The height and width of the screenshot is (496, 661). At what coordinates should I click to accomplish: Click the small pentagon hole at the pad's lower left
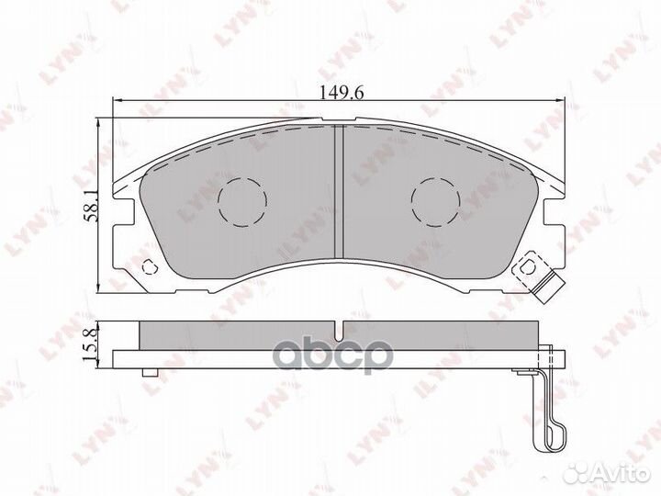pos(151,268)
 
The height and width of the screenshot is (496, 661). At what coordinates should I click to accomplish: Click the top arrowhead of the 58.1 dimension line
pos(101,124)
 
